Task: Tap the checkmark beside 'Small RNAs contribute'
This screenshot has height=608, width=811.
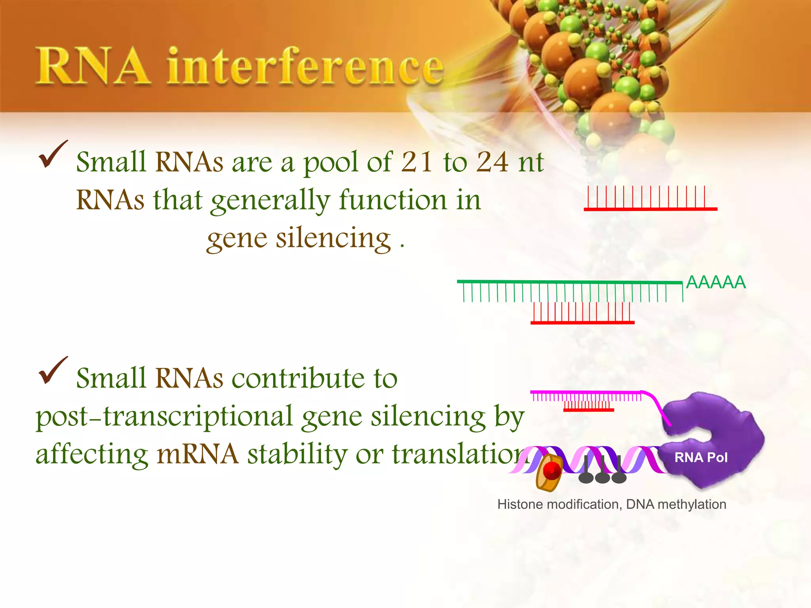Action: tap(52, 370)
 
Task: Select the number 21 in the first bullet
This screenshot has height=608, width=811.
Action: tap(417, 162)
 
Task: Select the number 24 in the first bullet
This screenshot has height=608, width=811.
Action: tap(492, 162)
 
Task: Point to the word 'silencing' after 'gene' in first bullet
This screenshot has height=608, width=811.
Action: tap(333, 239)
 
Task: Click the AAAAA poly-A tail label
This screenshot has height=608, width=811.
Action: tap(716, 282)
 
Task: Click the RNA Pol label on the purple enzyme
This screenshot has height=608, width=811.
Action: tap(701, 458)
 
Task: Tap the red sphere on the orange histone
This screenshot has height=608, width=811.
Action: tap(552, 471)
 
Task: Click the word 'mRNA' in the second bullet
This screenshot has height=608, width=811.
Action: tap(197, 454)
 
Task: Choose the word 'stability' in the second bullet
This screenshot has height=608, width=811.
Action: tap(297, 454)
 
